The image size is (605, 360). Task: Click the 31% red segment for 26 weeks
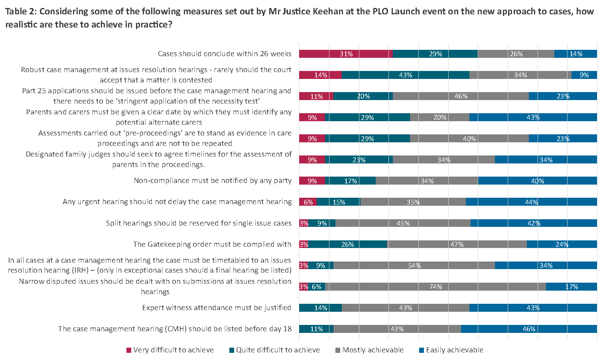tap(346, 54)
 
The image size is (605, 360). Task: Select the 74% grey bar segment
tap(435, 287)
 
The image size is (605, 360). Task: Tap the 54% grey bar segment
tap(414, 266)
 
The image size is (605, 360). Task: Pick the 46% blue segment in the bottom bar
tap(529, 329)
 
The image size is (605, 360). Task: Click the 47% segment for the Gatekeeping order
tap(457, 244)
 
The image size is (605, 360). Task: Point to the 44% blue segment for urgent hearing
tap(531, 202)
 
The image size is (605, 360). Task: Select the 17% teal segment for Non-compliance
tap(350, 181)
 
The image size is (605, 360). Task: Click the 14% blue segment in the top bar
tap(575, 54)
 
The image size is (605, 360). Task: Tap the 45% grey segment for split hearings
tap(403, 223)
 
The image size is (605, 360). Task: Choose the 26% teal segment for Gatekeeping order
tap(347, 244)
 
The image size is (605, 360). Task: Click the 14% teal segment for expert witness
tap(320, 308)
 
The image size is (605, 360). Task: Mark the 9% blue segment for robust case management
tap(584, 75)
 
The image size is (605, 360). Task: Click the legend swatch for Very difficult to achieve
tap(129, 350)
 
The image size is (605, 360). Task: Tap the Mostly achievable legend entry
tap(372, 350)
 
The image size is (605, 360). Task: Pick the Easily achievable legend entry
tap(454, 350)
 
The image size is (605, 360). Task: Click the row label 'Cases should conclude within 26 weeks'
tap(225, 54)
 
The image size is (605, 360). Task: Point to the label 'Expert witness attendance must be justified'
tap(217, 308)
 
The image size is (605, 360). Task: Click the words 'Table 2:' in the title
tap(21, 11)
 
